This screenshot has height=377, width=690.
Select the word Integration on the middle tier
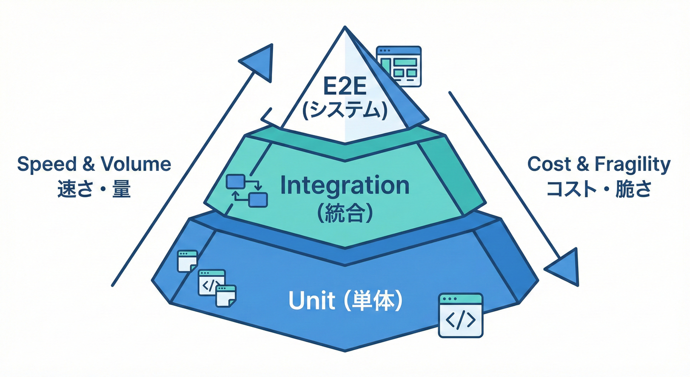(345, 186)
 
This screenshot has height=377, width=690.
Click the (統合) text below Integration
(345, 215)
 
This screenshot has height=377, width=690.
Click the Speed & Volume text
(94, 164)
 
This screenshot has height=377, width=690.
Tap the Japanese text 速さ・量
(94, 188)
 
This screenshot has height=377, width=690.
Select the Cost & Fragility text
(598, 164)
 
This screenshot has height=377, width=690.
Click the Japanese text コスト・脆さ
(598, 189)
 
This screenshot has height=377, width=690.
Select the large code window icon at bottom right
(460, 315)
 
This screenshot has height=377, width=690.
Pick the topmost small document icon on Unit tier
(187, 260)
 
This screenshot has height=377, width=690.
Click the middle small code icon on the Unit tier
(211, 283)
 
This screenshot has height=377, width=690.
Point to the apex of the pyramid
(345, 28)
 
